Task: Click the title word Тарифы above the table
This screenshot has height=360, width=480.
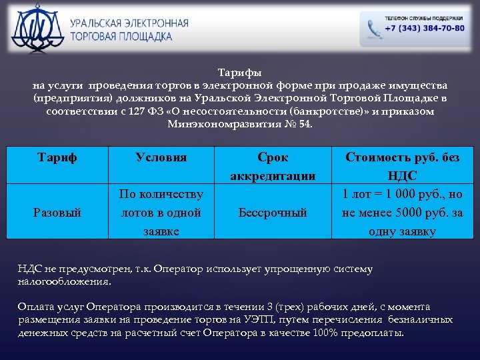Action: (240, 73)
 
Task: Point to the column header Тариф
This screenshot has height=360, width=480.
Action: (57, 157)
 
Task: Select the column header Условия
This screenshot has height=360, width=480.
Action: (161, 157)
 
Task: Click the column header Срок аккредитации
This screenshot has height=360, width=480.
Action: (273, 167)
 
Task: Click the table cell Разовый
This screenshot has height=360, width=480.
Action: (57, 213)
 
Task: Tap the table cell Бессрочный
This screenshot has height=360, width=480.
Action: (273, 213)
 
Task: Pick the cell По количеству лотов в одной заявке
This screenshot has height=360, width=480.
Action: (161, 213)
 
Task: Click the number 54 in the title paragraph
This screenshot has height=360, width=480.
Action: (304, 124)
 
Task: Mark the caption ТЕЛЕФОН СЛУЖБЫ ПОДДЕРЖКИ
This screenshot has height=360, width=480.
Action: (423, 18)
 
